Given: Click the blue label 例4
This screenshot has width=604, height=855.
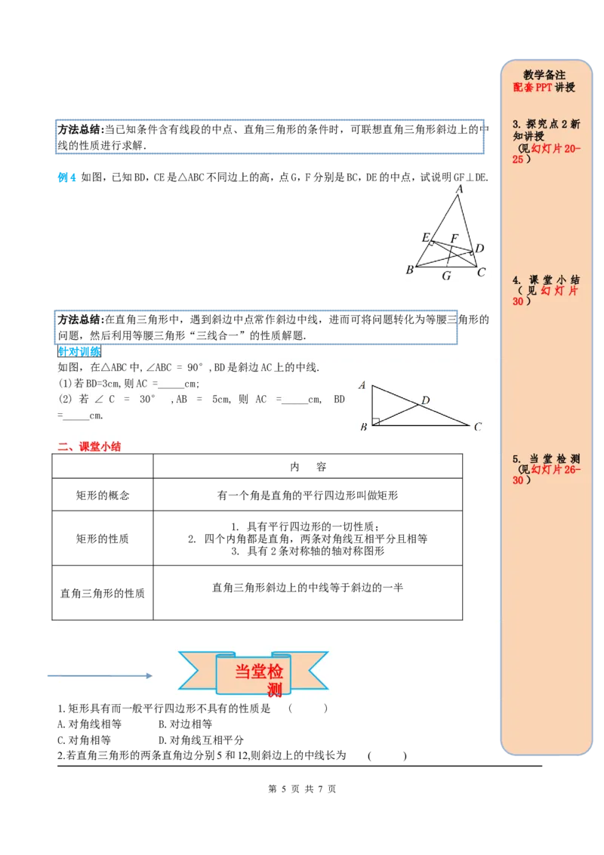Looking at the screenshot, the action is coord(66,177).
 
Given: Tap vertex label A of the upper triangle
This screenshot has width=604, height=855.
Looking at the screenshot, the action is coord(460,189).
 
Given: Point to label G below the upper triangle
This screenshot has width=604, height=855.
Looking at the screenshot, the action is coord(446,276).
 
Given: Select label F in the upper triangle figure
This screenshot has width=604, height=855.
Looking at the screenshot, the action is coord(454,238).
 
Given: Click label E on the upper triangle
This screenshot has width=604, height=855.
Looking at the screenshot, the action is coord(426,236).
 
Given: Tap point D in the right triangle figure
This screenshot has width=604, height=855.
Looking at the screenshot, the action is coord(426,400).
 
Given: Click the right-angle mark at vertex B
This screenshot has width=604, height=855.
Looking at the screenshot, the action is coord(375,421).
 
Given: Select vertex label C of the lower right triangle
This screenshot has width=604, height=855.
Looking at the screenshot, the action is coord(478,427).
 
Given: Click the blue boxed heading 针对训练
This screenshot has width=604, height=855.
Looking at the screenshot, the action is coord(79,352).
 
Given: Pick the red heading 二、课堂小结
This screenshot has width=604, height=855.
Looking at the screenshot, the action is coord(89,446).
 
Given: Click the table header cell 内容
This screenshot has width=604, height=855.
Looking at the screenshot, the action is coord(308,467).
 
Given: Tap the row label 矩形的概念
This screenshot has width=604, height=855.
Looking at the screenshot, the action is coord(103,495).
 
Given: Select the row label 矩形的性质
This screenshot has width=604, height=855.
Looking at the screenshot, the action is coord(103,539).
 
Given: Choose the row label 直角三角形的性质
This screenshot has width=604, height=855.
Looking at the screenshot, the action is coord(103,593).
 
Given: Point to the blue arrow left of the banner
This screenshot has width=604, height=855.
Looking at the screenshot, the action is coord(100,675).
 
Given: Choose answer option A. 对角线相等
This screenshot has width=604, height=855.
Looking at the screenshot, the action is coord(89,724).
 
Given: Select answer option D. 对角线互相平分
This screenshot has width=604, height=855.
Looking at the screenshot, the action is coord(201,740).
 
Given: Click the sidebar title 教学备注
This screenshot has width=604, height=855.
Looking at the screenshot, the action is coord(544,75).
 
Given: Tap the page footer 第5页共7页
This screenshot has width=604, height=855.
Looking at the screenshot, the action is coord(302,789).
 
